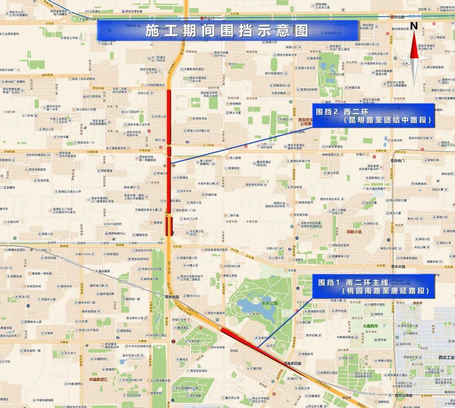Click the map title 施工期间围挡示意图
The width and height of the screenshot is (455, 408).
click(x=227, y=30)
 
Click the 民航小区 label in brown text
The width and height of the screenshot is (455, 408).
click(x=354, y=231)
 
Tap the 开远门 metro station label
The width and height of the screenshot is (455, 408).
click(x=209, y=19)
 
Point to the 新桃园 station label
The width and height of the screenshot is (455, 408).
click(x=173, y=296)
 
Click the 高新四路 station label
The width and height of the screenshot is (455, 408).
click(x=294, y=363)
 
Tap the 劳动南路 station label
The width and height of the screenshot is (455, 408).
click(x=404, y=395)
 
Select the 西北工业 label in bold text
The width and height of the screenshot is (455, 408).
click(x=446, y=357)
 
